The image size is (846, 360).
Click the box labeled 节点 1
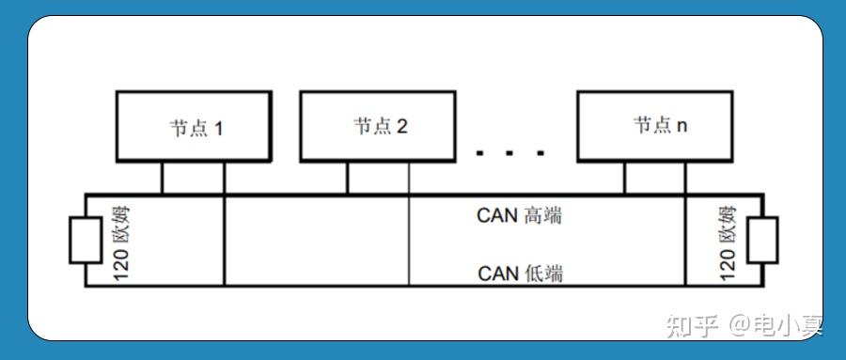click(x=193, y=126)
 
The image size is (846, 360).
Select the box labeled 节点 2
click(x=379, y=126)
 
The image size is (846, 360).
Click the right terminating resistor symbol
click(x=762, y=240)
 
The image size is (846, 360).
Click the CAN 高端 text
click(x=519, y=215)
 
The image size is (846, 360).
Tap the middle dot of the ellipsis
click(x=510, y=152)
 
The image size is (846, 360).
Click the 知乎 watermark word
click(x=692, y=325)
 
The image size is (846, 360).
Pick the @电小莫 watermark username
click(x=776, y=325)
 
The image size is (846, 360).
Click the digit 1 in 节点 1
click(x=219, y=127)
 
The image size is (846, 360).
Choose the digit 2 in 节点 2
click(x=402, y=127)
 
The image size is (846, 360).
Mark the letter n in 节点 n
click(x=681, y=126)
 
